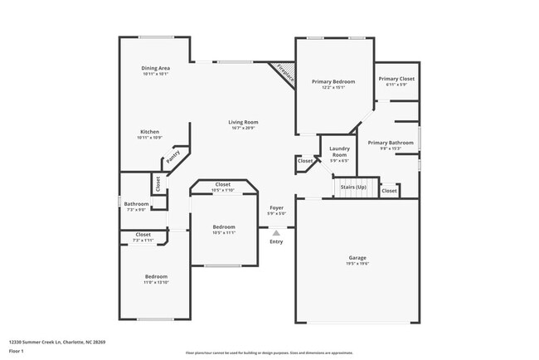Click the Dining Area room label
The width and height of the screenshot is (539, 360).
click(x=156, y=67)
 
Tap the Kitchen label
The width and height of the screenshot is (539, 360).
click(x=149, y=131)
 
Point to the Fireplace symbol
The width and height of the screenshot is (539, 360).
click(x=285, y=72)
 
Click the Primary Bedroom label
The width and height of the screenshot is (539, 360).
click(x=333, y=81)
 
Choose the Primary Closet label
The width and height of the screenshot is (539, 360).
click(x=396, y=79)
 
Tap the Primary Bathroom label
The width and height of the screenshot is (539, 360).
click(x=391, y=143)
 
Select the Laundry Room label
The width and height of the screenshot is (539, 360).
click(x=339, y=150)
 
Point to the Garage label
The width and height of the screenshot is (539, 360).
click(x=357, y=258)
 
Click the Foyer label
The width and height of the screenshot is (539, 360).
click(x=276, y=207)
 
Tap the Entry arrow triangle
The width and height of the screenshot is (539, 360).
click(x=276, y=233)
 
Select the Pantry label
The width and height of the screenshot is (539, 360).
click(x=173, y=155)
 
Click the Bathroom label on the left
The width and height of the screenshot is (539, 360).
click(x=137, y=203)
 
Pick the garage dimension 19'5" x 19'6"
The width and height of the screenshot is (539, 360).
click(x=357, y=264)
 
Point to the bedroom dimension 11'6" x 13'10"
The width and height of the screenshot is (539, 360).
click(x=157, y=282)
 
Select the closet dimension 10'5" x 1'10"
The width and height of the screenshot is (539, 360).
click(x=223, y=190)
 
